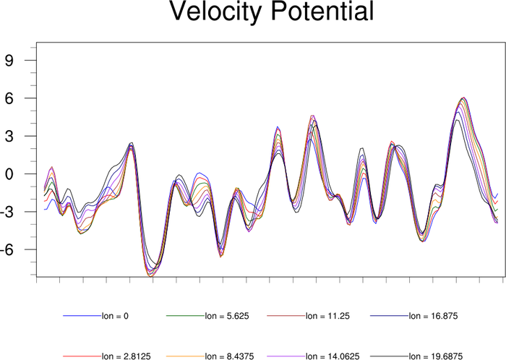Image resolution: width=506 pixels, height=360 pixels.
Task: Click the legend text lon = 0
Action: [116, 316]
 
